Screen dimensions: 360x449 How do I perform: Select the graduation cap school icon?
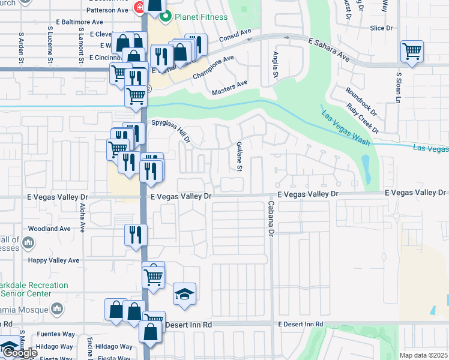[185, 293]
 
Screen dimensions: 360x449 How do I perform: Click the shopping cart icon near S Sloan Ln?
[412, 51]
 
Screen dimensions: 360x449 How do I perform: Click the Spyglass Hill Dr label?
[171, 131]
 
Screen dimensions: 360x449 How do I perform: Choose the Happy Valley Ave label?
[53, 260]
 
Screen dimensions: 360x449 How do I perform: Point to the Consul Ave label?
[237, 35]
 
